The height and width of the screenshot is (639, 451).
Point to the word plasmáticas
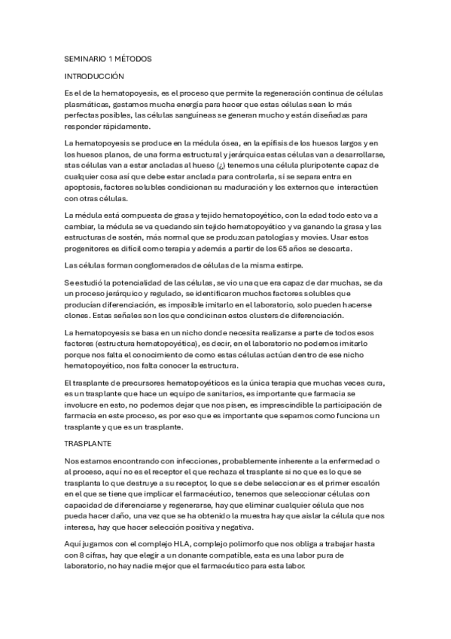pos(88,102)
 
